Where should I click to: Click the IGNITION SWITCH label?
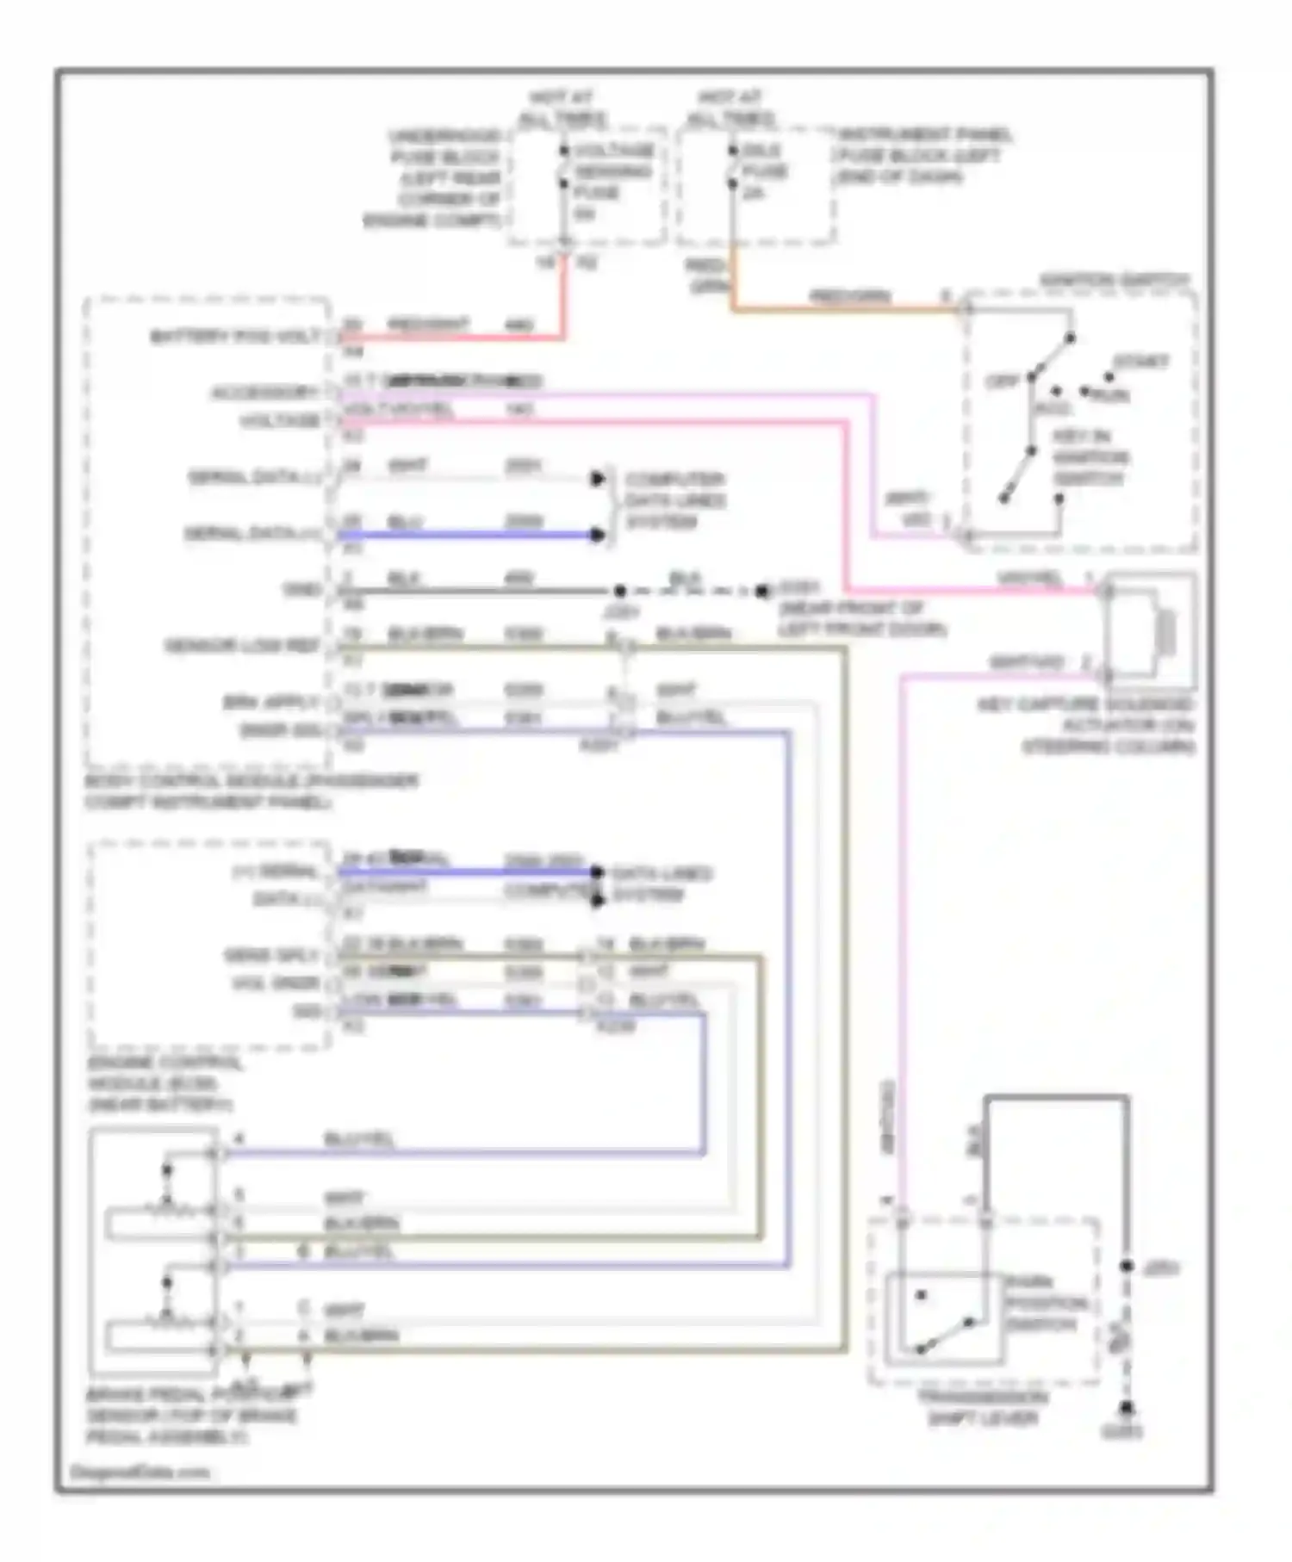click(1114, 281)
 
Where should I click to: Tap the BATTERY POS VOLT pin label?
click(235, 336)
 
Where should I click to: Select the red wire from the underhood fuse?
click(564, 301)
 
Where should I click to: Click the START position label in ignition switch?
click(1140, 362)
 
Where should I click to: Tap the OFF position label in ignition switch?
click(1002, 381)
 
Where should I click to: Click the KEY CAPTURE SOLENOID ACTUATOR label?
click(1087, 725)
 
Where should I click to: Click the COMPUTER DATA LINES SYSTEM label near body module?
click(674, 500)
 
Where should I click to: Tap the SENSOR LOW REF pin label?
click(242, 646)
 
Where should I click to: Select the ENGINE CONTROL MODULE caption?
click(164, 1083)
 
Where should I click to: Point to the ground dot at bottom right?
click(1126, 1409)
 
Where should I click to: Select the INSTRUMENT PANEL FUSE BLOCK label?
click(922, 156)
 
